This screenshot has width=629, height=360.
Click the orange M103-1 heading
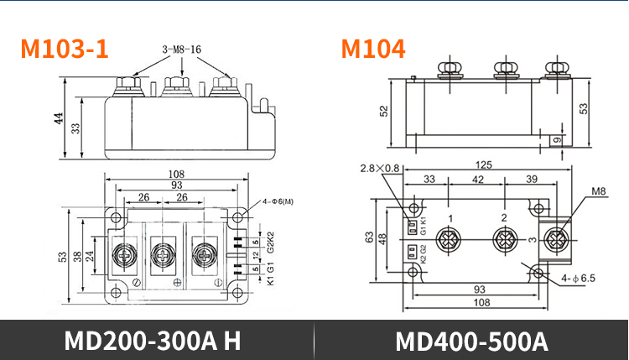coord(65,49)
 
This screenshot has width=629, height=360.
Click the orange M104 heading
coord(372,49)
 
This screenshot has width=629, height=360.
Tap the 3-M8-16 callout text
coord(181,50)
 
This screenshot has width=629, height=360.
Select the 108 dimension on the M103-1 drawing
coord(177,175)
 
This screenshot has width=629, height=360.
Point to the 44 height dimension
coord(59,117)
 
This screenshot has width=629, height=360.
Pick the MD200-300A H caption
coord(153,342)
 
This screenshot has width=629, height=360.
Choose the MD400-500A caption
coord(470,342)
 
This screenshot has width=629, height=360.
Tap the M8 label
coord(598,191)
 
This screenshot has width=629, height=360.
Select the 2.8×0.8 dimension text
coord(382,169)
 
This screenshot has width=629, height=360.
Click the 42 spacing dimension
coord(478,180)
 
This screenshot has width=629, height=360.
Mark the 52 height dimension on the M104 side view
coord(384,111)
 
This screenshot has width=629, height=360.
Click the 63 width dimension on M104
coord(370,237)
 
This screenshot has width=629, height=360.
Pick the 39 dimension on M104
coord(531,180)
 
